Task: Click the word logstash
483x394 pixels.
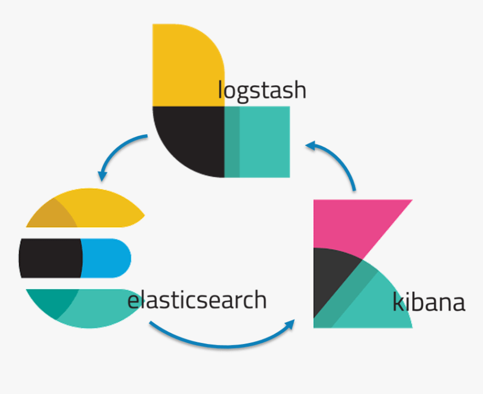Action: click(x=262, y=90)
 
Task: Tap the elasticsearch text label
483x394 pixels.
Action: click(x=197, y=300)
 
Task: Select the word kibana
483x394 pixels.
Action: click(x=429, y=301)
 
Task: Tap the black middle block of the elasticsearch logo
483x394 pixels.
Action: click(x=51, y=258)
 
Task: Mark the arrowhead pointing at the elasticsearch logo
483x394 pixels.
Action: click(x=102, y=176)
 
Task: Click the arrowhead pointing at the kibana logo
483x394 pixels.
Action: click(x=290, y=324)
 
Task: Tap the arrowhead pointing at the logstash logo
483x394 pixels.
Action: click(x=311, y=145)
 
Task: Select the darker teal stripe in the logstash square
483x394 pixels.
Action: click(x=232, y=142)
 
